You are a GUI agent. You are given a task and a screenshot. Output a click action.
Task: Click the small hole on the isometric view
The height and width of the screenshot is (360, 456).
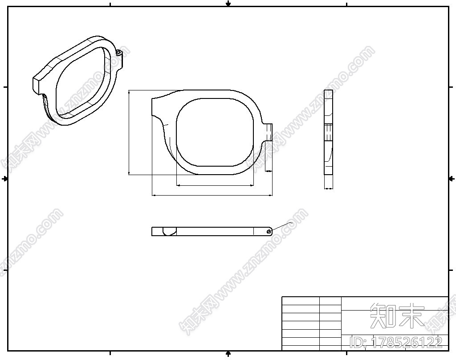coord(118,53)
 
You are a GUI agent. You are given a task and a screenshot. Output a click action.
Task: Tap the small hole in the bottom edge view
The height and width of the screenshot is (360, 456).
coord(268,231)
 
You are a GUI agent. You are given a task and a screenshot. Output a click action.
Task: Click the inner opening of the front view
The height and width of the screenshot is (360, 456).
coord(215,132)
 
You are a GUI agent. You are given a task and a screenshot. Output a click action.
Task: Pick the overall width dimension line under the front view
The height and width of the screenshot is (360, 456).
coord(212,195)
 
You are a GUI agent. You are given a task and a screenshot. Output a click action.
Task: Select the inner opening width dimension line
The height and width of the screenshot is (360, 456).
coord(215,185)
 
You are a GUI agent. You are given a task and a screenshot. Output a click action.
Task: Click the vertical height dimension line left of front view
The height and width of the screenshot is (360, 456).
coord(129,132)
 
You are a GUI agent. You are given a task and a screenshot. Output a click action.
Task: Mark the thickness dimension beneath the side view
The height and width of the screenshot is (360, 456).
coord(328,188)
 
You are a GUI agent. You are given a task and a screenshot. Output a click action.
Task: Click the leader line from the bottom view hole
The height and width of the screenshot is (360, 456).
coord(281,226)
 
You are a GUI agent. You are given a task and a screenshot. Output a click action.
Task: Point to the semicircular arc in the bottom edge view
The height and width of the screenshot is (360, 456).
coord(170,231)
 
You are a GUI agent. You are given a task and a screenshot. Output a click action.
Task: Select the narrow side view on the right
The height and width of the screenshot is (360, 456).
coord(328,132)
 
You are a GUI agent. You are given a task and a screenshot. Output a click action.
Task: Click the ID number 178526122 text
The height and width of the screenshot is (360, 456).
coord(396,342)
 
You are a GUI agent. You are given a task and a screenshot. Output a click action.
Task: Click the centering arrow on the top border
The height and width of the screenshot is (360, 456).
coord(228,4)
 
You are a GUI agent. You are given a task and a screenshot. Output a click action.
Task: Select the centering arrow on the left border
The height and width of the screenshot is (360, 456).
coord(5,179)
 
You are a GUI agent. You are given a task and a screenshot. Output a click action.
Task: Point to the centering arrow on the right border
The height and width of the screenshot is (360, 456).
coord(452,179)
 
